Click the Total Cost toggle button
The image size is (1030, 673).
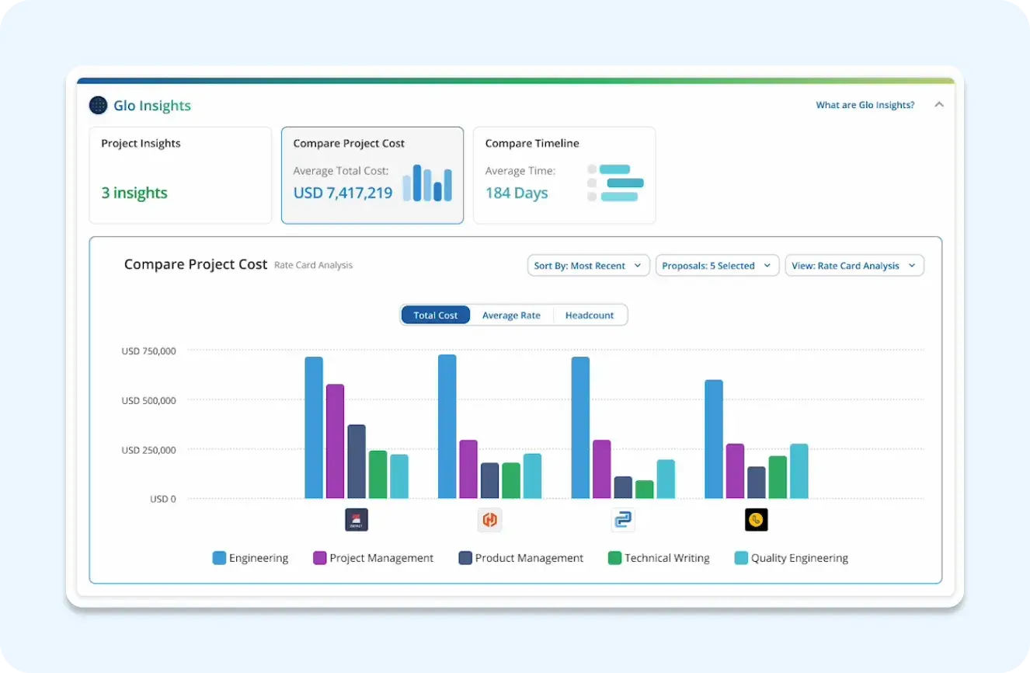pos(436,315)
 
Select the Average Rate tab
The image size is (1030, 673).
pos(511,315)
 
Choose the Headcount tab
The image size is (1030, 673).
pos(589,315)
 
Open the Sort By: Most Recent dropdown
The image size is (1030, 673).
pos(588,266)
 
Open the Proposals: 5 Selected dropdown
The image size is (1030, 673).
pos(716,266)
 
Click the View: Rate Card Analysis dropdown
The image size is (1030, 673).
pos(854,266)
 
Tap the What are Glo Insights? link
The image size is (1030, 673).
pos(865,105)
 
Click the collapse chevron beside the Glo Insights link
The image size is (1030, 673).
pos(939,105)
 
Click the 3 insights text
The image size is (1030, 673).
pos(134,193)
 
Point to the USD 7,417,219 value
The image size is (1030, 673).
pos(343,193)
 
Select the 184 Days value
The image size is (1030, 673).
pos(517,193)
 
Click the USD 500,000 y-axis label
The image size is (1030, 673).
pos(148,400)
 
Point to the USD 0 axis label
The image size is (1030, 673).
pos(162,499)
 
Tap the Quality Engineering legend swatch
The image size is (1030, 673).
pos(741,558)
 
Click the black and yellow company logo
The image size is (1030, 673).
pos(756,520)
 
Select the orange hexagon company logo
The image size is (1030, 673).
pos(489,520)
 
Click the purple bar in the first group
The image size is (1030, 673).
pos(335,441)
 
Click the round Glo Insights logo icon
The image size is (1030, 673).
pos(99,105)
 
